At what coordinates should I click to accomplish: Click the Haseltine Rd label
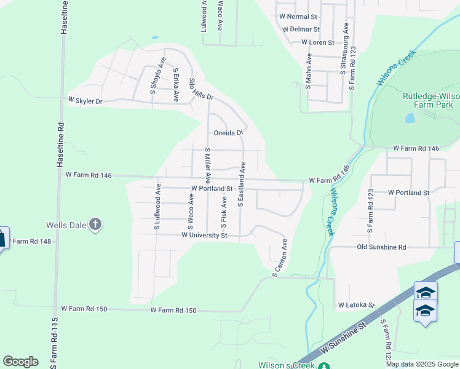63,25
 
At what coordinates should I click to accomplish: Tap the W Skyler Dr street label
84,100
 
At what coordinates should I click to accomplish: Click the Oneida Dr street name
229,133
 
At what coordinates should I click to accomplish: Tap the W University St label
204,236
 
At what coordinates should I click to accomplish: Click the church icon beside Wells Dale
95,224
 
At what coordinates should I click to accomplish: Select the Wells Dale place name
66,225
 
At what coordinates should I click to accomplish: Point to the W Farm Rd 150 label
173,311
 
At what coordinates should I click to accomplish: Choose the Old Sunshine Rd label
381,247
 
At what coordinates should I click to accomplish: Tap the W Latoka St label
356,305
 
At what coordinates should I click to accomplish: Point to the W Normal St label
298,17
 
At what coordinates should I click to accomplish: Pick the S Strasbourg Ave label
346,49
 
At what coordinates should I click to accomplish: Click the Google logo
21,362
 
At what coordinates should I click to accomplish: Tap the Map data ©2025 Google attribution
421,364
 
